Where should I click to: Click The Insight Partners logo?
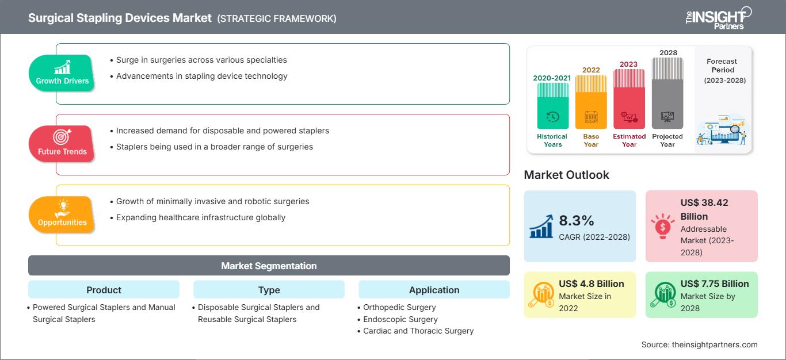click(718, 17)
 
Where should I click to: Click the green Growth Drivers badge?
click(62, 73)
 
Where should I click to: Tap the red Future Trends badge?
click(62, 144)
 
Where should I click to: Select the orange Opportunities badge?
click(62, 215)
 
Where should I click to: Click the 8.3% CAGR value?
click(577, 221)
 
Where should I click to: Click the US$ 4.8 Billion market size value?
click(591, 284)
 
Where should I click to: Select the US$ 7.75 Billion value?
click(715, 284)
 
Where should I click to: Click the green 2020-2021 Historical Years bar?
click(552, 106)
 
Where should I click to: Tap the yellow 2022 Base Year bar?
click(591, 102)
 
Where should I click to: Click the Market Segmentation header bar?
click(269, 266)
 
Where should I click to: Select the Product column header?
click(104, 290)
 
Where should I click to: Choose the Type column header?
click(269, 290)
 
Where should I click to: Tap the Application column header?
click(434, 290)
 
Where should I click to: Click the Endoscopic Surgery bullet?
click(400, 319)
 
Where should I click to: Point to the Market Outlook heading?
click(566, 175)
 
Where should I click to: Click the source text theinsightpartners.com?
click(699, 344)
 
